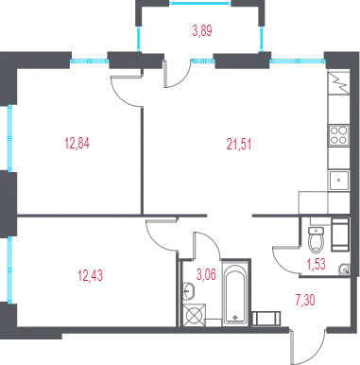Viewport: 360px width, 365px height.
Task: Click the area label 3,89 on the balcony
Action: [202, 31]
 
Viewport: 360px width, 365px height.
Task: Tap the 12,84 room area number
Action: [77, 143]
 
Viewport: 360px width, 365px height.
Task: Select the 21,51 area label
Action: [239, 144]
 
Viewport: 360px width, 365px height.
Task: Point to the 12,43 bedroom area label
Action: [90, 275]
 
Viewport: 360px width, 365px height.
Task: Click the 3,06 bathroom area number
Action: [206, 274]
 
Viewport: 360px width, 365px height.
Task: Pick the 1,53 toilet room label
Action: [317, 264]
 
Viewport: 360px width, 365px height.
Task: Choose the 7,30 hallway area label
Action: [305, 300]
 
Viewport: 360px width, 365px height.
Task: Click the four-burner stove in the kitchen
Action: [338, 135]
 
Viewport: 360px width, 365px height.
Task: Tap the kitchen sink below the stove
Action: [339, 181]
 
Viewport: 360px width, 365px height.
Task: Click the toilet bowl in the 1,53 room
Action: [316, 239]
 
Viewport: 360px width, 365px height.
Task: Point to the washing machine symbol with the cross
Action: [194, 315]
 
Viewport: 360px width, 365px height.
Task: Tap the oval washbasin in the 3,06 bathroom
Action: [189, 291]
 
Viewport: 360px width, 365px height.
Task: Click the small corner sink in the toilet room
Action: [345, 269]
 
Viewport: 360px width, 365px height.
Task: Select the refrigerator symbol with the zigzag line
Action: [338, 83]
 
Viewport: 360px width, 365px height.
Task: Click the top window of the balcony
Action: [200, 3]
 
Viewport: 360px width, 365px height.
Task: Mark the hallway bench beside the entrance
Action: [266, 319]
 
